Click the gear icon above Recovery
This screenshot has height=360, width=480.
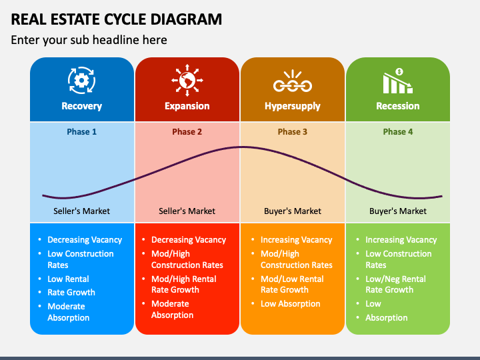click(81, 80)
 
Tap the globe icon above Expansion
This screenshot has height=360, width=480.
click(187, 80)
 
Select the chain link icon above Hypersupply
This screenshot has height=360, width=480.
click(293, 81)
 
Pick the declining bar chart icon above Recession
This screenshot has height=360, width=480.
click(398, 81)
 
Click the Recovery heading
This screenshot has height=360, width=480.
click(82, 106)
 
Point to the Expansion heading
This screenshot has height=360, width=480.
click(187, 106)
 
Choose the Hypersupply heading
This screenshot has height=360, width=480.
click(293, 106)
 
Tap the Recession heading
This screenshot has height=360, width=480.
click(398, 106)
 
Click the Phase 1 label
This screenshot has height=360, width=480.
click(82, 131)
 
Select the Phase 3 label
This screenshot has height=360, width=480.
click(293, 131)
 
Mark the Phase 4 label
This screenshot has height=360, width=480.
click(398, 131)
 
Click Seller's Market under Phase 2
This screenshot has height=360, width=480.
click(187, 211)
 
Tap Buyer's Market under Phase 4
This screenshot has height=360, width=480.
click(398, 211)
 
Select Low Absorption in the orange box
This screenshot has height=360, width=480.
click(291, 304)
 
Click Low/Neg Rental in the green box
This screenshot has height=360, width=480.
click(395, 279)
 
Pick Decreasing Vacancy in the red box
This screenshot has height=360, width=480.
click(189, 240)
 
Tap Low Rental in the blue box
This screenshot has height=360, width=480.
click(68, 279)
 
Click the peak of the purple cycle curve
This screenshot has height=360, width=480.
click(241, 147)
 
